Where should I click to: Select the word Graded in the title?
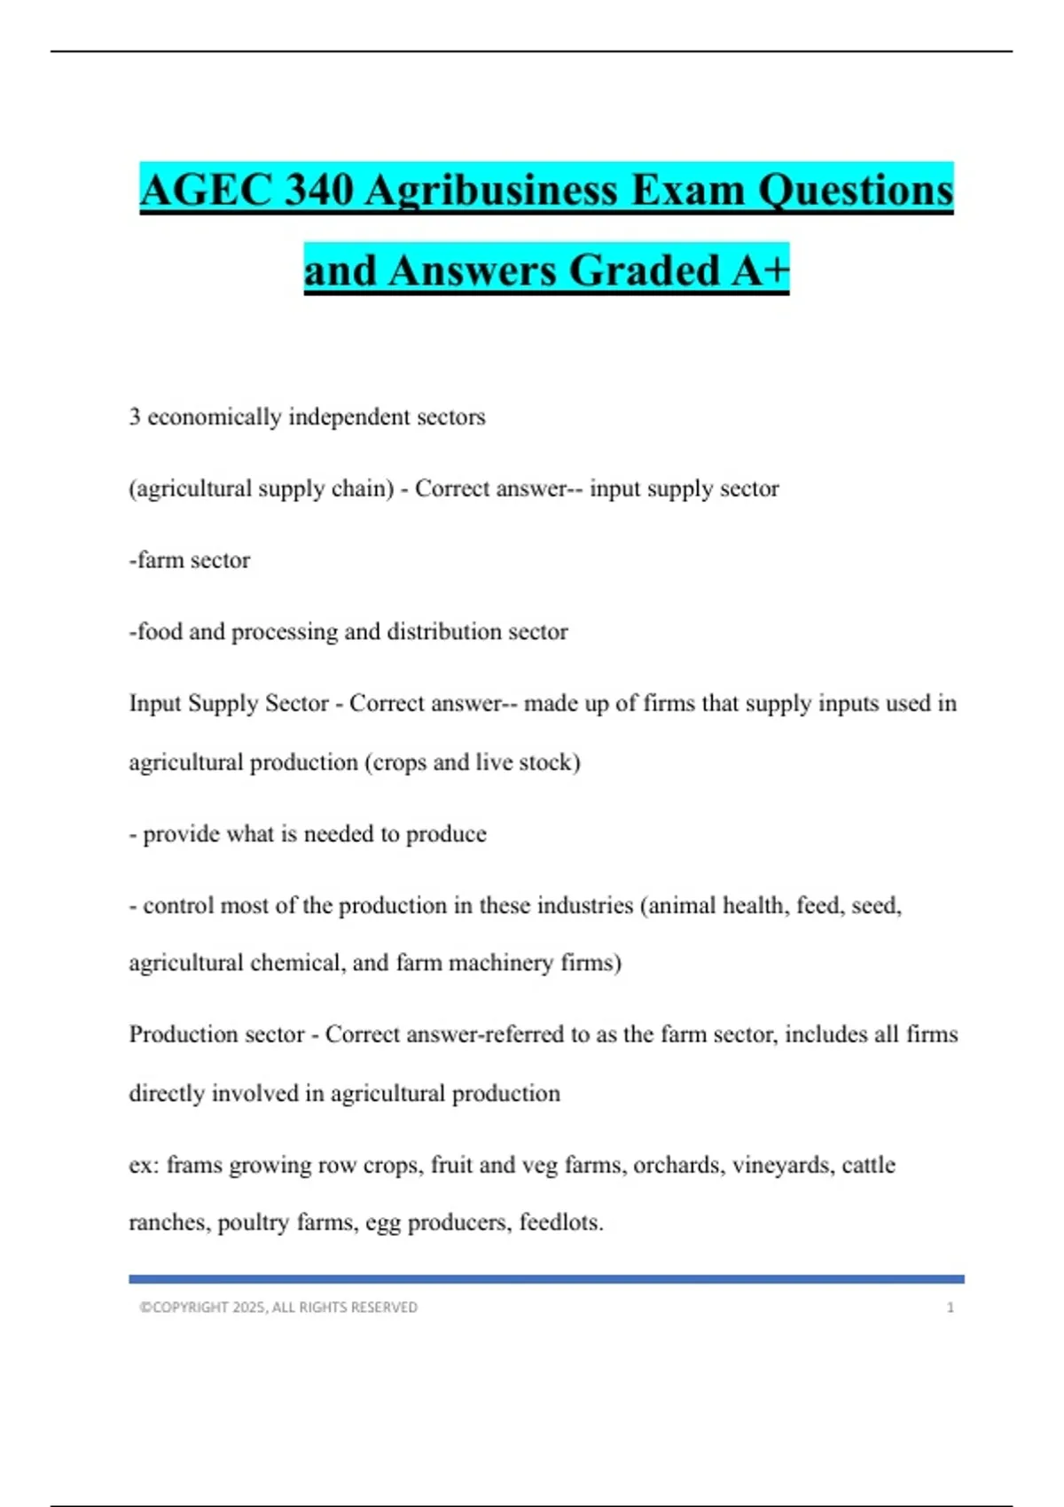[645, 270]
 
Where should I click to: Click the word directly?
[166, 1094]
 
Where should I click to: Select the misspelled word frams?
[193, 1165]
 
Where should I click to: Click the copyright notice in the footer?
[278, 1308]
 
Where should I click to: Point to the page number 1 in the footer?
[950, 1308]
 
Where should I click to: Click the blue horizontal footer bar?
[546, 1279]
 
